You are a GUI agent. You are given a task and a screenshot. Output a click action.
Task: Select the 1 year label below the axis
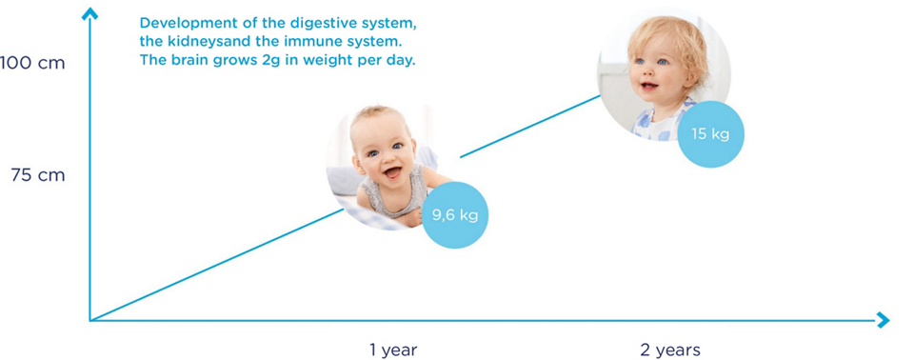pyautogui.click(x=393, y=350)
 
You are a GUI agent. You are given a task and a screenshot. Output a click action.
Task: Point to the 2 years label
pyautogui.click(x=670, y=350)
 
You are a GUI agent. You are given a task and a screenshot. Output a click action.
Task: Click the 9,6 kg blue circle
pyautogui.click(x=455, y=215)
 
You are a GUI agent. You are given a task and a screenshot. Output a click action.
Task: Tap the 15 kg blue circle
pyautogui.click(x=710, y=133)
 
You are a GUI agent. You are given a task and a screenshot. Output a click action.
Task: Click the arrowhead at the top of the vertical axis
pyautogui.click(x=90, y=13)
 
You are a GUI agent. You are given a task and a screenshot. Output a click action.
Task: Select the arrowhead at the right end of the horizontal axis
pyautogui.click(x=883, y=321)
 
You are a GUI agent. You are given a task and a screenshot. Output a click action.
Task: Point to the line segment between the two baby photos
pyautogui.click(x=528, y=127)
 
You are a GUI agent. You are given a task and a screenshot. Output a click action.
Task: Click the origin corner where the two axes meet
pyautogui.click(x=90, y=320)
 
